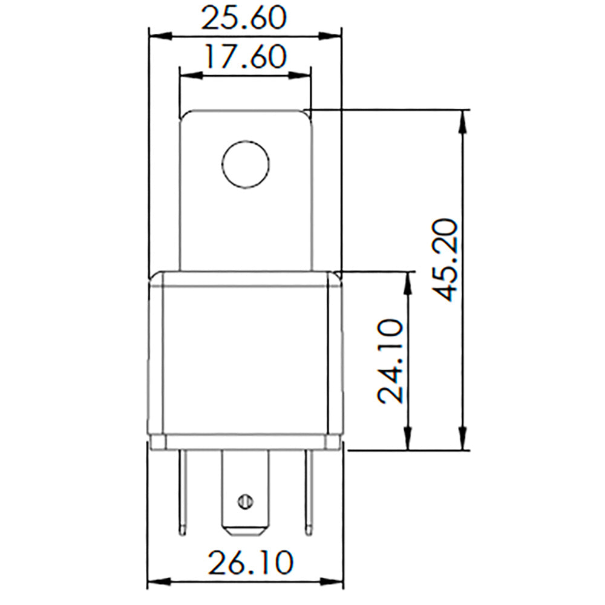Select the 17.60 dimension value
[244, 57]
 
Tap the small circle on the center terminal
[244, 501]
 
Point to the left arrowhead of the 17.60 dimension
[189, 75]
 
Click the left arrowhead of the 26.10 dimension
[157, 583]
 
